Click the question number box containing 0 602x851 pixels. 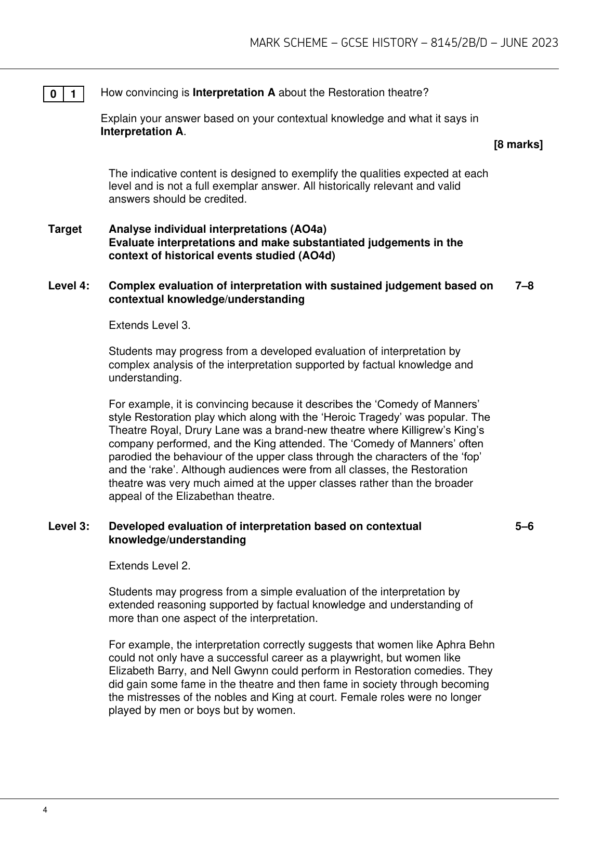54,94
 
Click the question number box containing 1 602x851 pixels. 73,94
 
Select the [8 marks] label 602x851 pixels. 518,145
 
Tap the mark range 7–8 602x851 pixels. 524,286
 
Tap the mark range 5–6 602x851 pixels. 524,526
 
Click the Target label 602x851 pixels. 65,229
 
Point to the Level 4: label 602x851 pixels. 69,286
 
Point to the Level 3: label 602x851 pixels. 69,526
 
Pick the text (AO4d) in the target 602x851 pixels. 317,256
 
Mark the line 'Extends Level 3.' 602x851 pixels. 150,325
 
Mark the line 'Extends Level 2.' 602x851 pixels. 150,566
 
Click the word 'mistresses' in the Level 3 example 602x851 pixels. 152,697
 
